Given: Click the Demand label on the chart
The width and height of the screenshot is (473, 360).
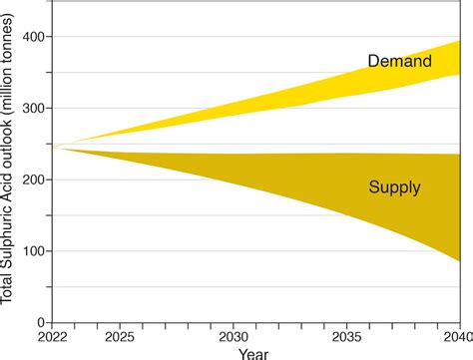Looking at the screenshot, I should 399,62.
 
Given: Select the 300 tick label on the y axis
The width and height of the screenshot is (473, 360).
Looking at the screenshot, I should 34,109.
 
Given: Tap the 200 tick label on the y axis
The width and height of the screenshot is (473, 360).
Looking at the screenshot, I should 34,180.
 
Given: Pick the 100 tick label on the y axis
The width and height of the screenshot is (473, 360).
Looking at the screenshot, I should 34,252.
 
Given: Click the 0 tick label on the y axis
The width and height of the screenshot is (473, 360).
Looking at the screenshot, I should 42,323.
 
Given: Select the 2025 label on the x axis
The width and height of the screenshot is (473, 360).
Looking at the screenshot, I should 120,338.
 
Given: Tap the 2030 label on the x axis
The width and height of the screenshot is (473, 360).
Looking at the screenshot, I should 234,338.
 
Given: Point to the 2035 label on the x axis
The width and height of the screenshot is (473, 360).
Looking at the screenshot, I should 346,338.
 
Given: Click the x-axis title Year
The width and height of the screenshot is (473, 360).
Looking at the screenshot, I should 253,353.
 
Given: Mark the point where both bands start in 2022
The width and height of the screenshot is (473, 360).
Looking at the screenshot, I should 53,147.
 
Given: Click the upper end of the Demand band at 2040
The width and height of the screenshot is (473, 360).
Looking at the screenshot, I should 459,41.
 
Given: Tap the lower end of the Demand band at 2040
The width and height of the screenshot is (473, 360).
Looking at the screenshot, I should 459,75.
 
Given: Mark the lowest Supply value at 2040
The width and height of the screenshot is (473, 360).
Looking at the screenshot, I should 459,260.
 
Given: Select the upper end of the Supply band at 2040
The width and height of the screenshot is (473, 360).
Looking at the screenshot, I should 459,155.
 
